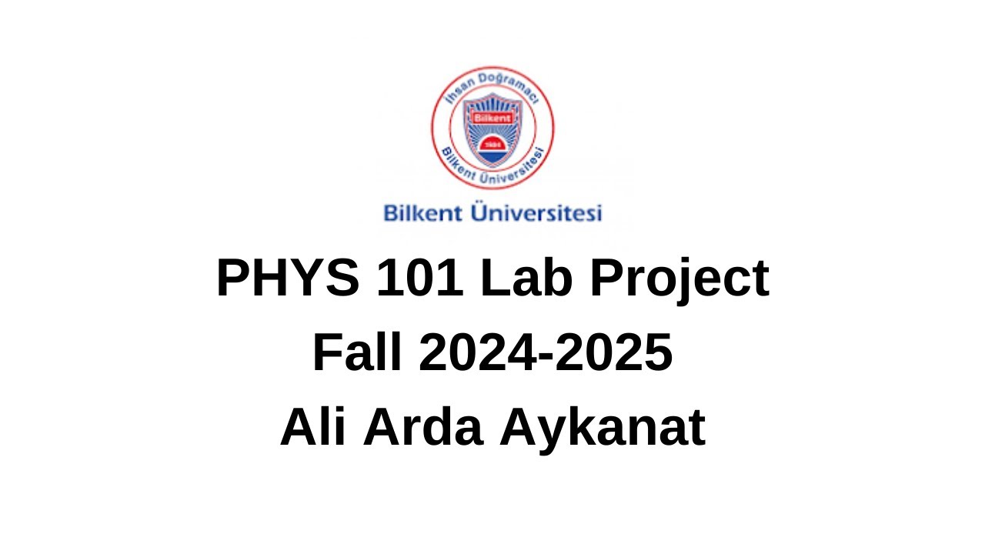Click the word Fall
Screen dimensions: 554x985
(x=356, y=354)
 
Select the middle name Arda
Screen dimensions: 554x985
(x=423, y=428)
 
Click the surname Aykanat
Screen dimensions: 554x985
(x=602, y=429)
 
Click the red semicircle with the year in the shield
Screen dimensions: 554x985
(x=492, y=143)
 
